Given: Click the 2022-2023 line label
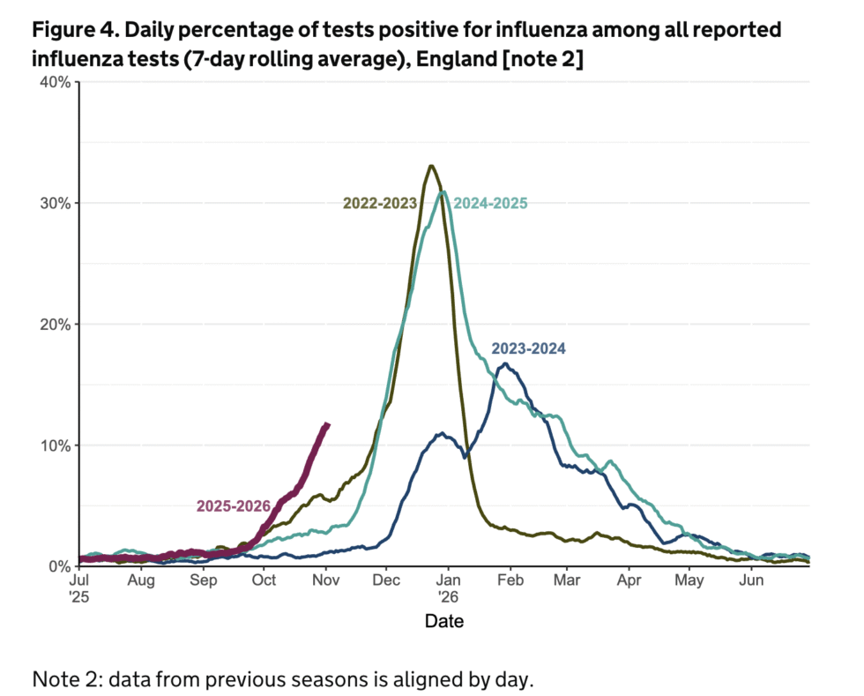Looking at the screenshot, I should (x=380, y=204).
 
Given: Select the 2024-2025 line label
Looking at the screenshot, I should (x=490, y=204).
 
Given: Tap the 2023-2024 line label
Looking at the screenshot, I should (x=528, y=348).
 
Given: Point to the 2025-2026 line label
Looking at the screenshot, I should (x=234, y=506).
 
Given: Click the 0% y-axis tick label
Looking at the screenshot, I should (x=60, y=565).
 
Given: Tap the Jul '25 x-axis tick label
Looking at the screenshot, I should (x=79, y=588).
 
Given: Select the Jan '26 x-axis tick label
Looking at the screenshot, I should (x=448, y=588).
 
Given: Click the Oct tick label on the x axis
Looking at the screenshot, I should (x=264, y=580).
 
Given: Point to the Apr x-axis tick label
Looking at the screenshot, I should (x=629, y=580).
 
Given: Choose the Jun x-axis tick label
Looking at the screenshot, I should (x=751, y=580).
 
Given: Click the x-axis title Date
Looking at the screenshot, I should (x=443, y=621).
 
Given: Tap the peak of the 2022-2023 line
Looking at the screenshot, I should (x=430, y=166).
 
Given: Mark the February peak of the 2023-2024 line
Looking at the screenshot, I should (x=504, y=363).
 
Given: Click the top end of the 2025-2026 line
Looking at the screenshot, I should (x=327, y=425).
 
